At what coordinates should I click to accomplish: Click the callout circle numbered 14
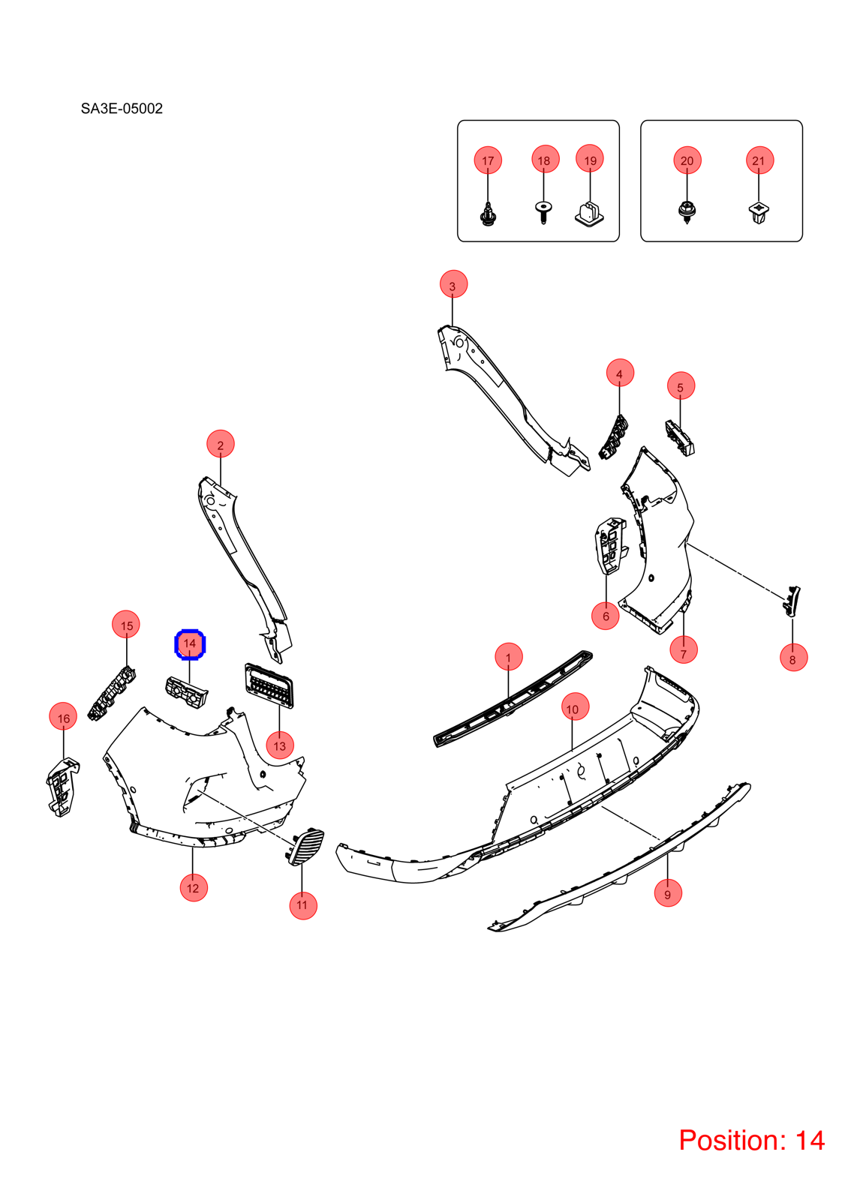(190, 644)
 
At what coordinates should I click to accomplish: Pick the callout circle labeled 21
(759, 160)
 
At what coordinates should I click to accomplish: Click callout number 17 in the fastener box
(488, 160)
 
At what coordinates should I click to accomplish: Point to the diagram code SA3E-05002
(122, 109)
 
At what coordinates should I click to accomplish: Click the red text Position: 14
(751, 1139)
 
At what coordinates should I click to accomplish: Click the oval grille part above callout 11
(306, 847)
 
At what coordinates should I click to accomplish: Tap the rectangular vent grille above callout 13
(269, 685)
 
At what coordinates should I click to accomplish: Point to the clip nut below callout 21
(758, 213)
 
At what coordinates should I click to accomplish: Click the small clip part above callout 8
(791, 601)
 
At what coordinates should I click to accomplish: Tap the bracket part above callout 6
(611, 545)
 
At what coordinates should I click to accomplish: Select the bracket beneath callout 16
(63, 787)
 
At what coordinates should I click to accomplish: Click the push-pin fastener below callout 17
(487, 214)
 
